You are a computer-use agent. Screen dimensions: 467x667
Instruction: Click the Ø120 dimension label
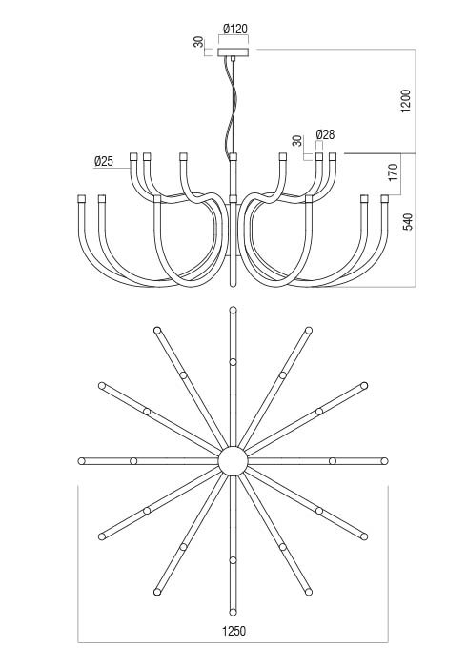click(234, 29)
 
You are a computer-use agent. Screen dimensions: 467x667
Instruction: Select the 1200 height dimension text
click(406, 101)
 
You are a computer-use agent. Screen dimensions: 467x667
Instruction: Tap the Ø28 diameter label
click(325, 135)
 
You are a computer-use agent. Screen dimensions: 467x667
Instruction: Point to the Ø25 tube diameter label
click(104, 161)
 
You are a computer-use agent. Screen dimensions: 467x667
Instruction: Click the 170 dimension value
click(393, 172)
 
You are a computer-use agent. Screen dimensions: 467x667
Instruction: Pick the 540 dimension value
click(408, 222)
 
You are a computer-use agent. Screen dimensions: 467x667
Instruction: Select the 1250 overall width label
click(233, 631)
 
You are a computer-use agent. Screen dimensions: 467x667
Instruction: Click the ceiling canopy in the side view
click(233, 52)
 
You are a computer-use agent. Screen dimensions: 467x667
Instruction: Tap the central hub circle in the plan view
click(233, 460)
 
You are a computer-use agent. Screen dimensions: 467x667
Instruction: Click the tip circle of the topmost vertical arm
click(233, 310)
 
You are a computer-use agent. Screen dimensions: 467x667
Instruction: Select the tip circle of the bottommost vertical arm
click(233, 612)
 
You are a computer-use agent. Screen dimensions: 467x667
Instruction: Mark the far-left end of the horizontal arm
click(82, 461)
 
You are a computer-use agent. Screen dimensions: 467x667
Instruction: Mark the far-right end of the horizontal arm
click(384, 461)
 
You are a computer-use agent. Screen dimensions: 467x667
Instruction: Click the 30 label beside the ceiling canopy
click(198, 42)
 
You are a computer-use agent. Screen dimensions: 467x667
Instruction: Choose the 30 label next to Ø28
click(297, 141)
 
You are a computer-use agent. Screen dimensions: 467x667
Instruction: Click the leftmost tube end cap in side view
click(82, 198)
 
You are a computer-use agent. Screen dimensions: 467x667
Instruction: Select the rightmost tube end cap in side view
click(385, 198)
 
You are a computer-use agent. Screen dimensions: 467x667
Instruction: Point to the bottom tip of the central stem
click(233, 286)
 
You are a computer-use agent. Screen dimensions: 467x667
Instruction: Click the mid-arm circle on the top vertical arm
click(233, 361)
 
